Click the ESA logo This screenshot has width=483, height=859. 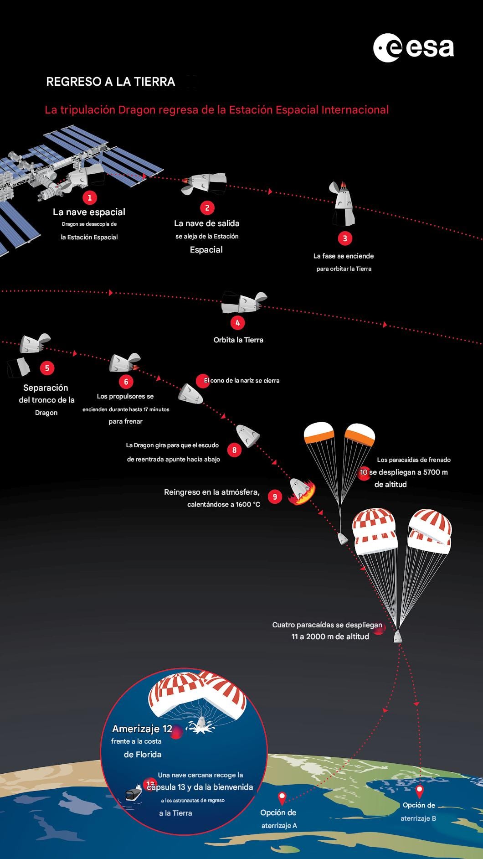click(413, 48)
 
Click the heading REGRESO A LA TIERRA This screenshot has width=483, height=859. click(111, 82)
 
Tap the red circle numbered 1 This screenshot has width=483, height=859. click(90, 197)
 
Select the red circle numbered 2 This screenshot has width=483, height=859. click(207, 208)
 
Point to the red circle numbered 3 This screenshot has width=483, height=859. click(345, 238)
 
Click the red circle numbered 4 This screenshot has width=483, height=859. click(237, 323)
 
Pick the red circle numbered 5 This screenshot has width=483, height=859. click(47, 368)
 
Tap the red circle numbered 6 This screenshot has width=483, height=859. click(126, 381)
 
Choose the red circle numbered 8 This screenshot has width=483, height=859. click(235, 450)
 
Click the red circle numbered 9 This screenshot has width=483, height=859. click(275, 497)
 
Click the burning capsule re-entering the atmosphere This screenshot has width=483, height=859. click(301, 492)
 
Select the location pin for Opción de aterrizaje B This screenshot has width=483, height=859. click(420, 791)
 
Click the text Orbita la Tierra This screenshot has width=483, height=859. click(238, 340)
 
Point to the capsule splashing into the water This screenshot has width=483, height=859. click(200, 725)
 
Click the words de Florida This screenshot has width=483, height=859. click(143, 755)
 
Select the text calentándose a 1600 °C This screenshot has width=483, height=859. click(223, 504)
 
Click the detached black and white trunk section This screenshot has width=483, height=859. click(18, 367)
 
